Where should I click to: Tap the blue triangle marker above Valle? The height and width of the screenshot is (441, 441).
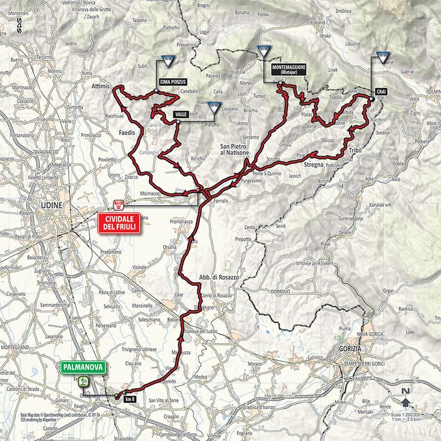coord(214,108)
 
